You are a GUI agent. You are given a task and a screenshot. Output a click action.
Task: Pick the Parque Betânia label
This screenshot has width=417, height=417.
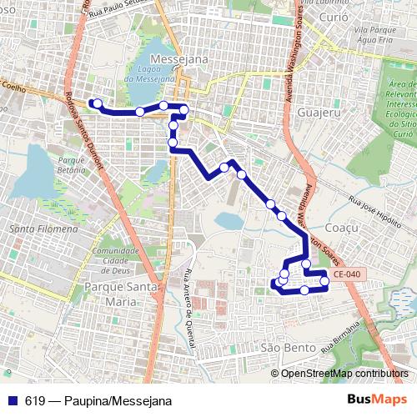coord(68,163)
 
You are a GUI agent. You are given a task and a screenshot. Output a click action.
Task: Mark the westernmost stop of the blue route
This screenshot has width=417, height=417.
coord(98,103)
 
